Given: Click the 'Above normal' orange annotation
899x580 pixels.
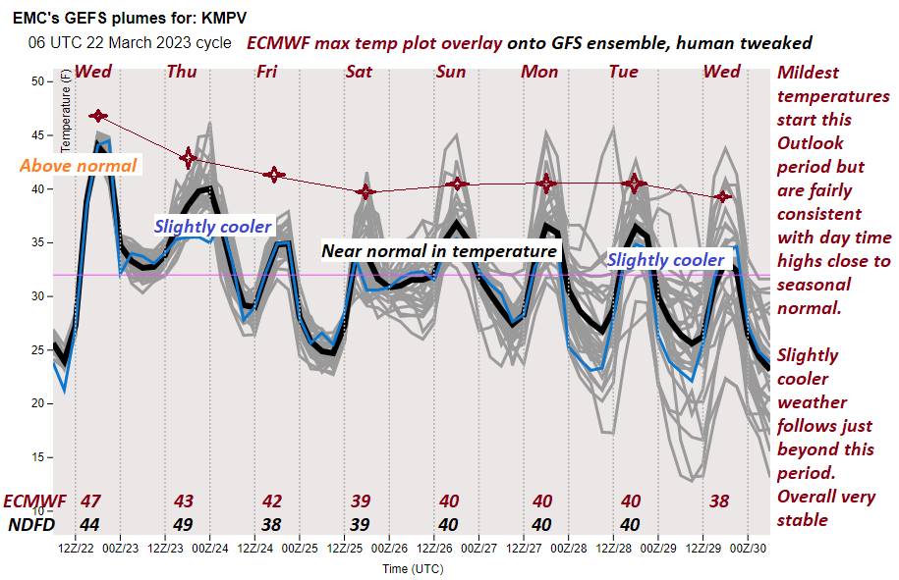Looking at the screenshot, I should pyautogui.click(x=78, y=165).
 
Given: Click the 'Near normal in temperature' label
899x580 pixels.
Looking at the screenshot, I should pyautogui.click(x=439, y=251).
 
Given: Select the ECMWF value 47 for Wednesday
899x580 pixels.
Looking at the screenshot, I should pyautogui.click(x=91, y=501).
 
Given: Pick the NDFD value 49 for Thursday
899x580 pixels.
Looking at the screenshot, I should pyautogui.click(x=182, y=524).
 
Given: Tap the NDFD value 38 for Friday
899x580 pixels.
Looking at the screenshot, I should pyautogui.click(x=271, y=524).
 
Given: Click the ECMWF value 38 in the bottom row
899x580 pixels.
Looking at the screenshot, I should pyautogui.click(x=719, y=501).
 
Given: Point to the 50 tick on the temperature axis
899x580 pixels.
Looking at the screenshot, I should pyautogui.click(x=41, y=81).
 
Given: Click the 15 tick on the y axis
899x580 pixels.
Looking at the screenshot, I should pyautogui.click(x=41, y=457).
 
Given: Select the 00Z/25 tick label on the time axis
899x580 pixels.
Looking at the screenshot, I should pyautogui.click(x=299, y=547).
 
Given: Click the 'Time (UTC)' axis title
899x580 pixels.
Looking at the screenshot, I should pyautogui.click(x=412, y=568).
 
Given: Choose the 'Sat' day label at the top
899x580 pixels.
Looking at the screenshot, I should pyautogui.click(x=360, y=71).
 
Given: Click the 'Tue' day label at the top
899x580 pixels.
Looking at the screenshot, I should pyautogui.click(x=624, y=71).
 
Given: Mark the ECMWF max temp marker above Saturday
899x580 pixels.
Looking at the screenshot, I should pyautogui.click(x=365, y=191).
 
